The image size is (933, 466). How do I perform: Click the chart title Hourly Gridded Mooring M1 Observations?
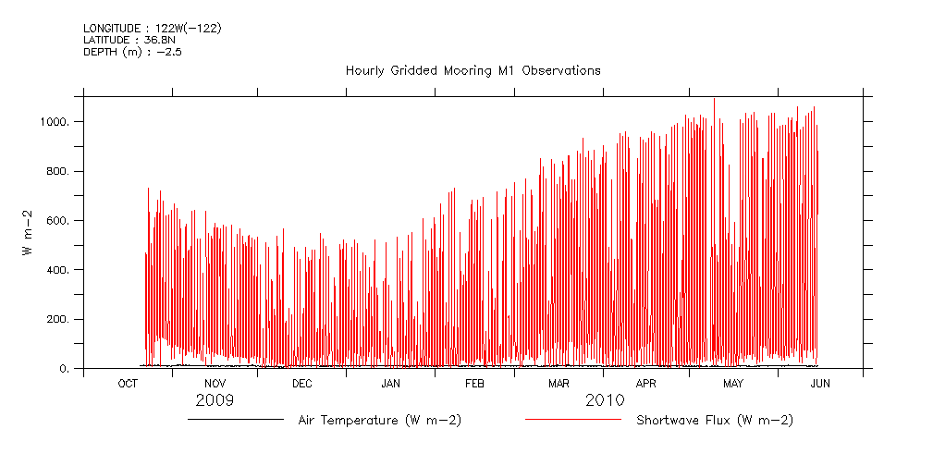[473, 70]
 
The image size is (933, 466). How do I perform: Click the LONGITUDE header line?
[152, 29]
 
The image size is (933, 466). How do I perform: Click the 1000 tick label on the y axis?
[57, 122]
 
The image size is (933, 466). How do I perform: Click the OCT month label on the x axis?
[128, 384]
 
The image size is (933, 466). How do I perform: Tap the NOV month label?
[215, 384]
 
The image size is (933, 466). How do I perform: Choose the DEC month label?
[301, 384]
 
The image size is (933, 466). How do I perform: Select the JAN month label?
[390, 384]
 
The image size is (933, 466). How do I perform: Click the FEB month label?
[474, 384]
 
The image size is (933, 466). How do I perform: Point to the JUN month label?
[820, 384]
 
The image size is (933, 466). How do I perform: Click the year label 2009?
[215, 401]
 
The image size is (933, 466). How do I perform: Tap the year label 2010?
[605, 401]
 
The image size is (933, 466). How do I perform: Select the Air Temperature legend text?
[379, 421]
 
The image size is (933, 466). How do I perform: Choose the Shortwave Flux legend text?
[715, 421]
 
